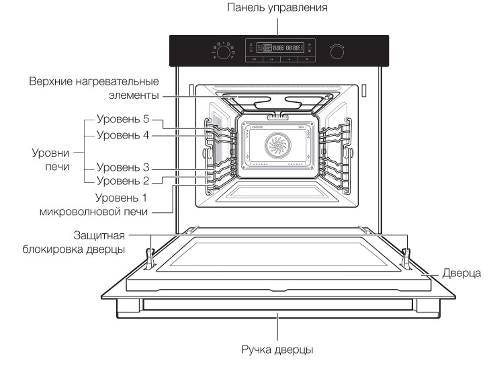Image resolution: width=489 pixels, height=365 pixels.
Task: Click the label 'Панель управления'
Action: tap(277, 8)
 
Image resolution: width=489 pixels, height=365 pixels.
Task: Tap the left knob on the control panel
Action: tap(223, 51)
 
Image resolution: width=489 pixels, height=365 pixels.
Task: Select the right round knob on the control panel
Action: tap(336, 51)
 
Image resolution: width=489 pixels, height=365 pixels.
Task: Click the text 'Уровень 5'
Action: tap(123, 120)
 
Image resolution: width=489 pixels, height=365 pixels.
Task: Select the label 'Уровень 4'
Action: tap(123, 135)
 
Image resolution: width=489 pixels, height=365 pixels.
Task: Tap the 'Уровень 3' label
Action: tap(123, 167)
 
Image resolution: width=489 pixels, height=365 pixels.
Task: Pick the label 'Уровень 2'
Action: tap(123, 180)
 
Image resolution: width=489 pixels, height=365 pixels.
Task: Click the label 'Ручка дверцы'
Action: tap(277, 350)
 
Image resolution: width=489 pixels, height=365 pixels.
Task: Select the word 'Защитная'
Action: tap(99, 235)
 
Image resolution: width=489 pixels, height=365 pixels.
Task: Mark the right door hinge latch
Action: tap(406, 255)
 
